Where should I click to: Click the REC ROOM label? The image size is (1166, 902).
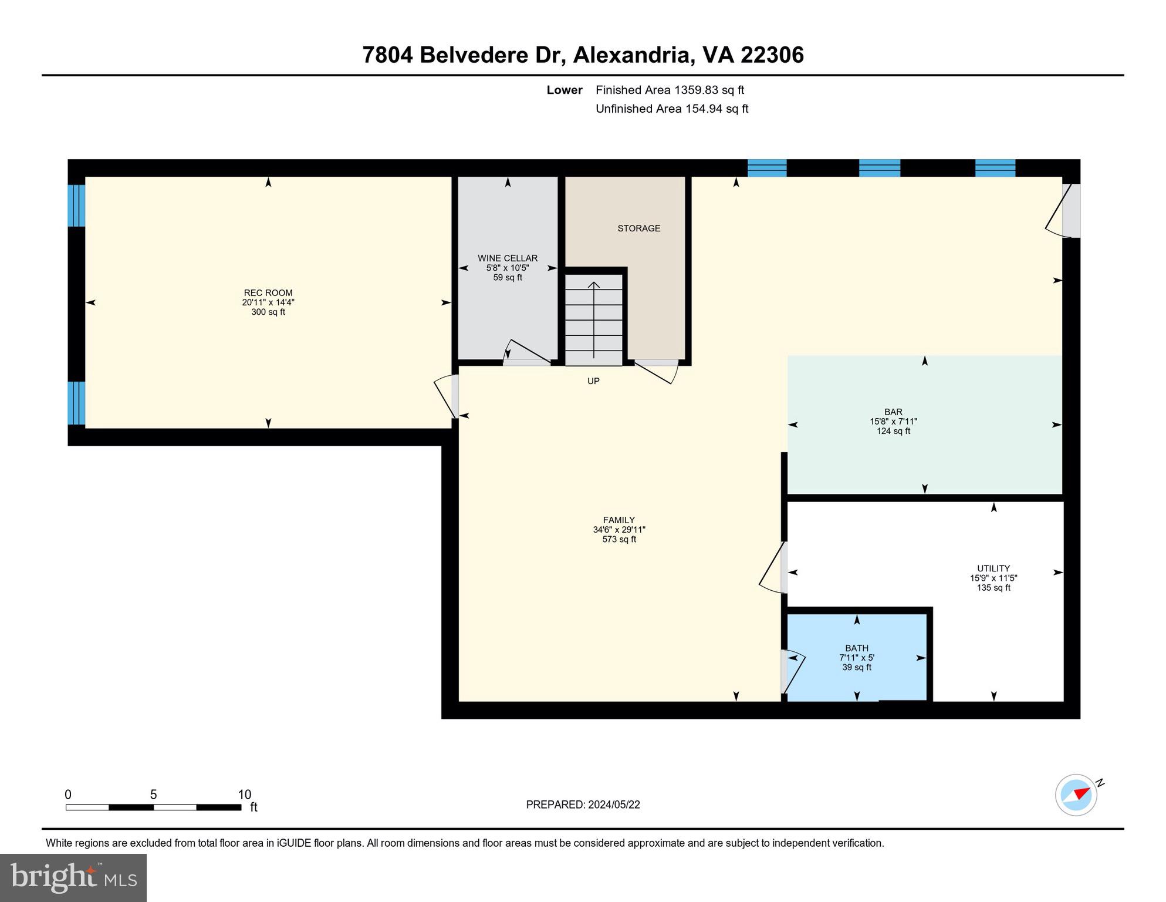268,293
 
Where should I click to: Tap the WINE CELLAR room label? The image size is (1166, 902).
508,258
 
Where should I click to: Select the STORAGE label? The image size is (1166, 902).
638,228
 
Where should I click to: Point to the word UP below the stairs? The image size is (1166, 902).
593,381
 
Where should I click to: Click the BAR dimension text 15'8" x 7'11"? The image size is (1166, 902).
893,422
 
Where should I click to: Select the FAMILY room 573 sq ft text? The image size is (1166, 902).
619,539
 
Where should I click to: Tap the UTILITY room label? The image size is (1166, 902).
993,568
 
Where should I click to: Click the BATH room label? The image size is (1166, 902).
856,648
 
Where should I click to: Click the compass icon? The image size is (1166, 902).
1076,795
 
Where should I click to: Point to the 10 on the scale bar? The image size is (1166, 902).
244,795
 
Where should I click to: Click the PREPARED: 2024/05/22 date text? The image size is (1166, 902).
583,805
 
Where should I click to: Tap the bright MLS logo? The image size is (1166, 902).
73,877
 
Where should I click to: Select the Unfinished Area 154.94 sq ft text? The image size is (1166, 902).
671,109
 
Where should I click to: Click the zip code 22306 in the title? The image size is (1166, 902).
772,55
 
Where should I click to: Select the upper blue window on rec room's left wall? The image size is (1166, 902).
76,206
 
